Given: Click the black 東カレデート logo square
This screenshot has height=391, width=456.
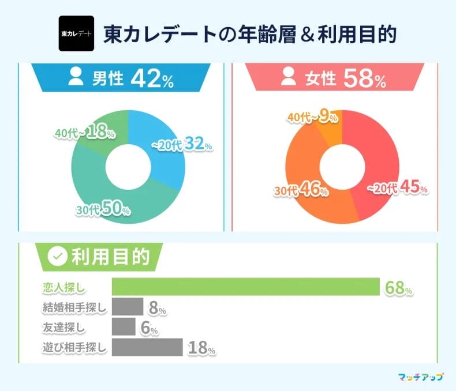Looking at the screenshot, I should click(x=76, y=34).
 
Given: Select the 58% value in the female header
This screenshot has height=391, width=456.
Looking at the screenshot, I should click(x=364, y=79).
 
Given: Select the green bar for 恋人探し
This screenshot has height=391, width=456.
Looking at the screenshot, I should click(x=245, y=287).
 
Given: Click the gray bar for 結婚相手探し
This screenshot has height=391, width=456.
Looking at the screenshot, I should click(x=127, y=307).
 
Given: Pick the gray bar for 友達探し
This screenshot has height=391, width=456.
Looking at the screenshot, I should click(x=123, y=327).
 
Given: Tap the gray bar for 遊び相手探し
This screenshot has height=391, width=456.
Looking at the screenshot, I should click(x=147, y=347).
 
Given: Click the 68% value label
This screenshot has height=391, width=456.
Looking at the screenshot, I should click(x=398, y=288).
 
